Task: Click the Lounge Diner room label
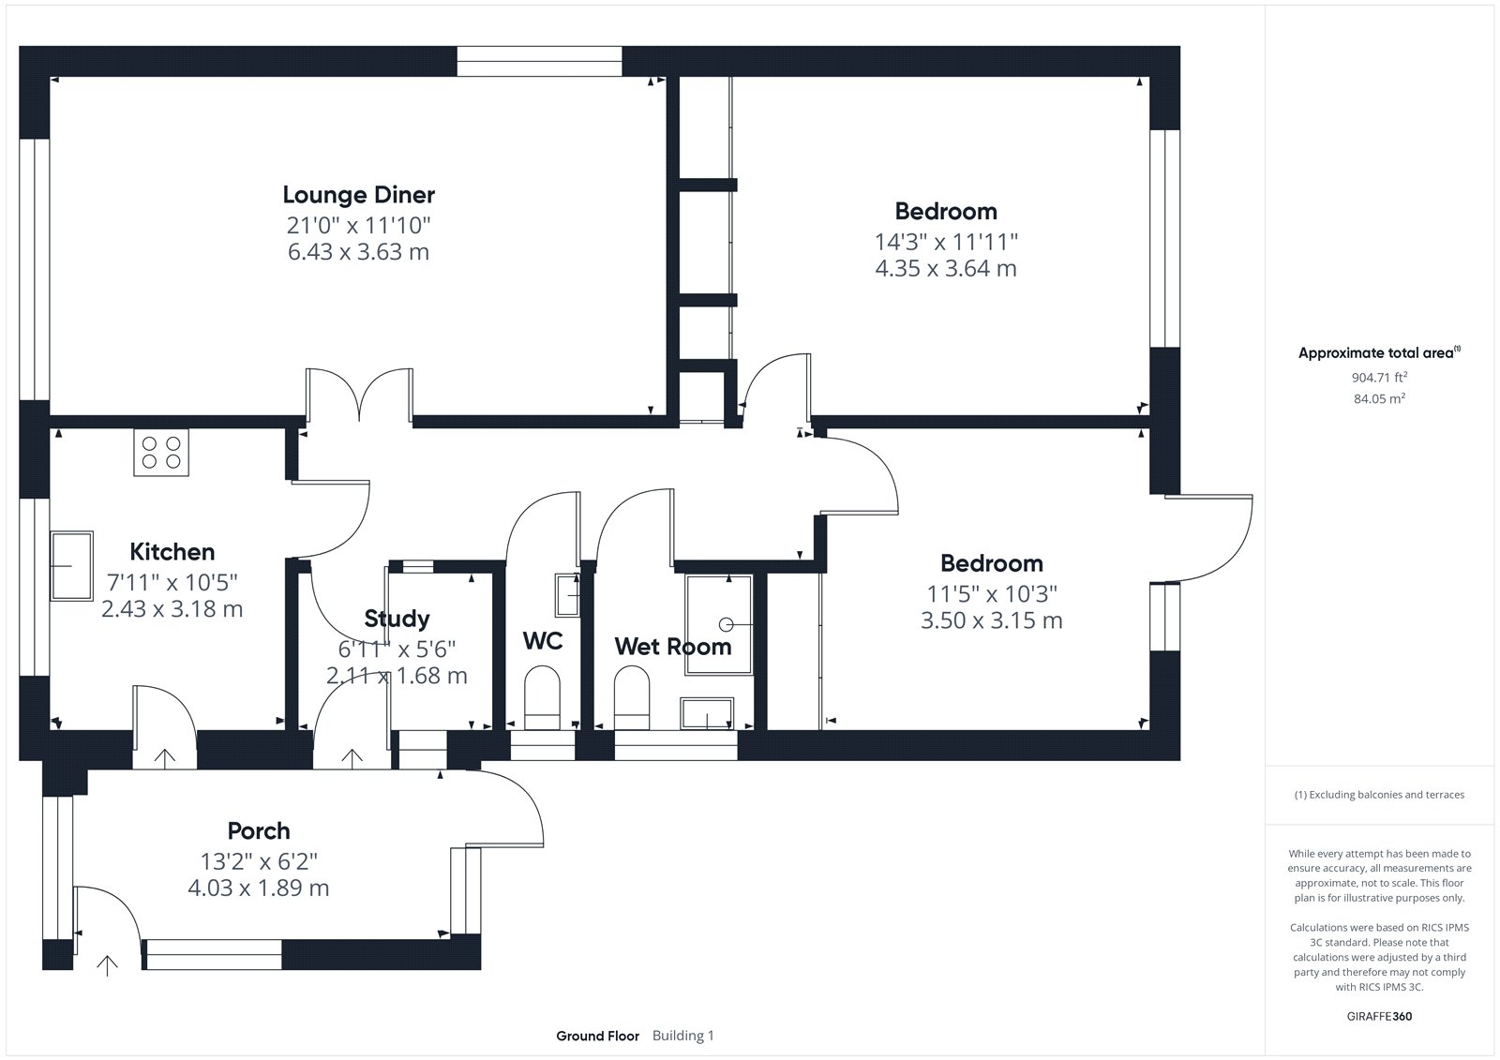[358, 195]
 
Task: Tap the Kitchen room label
[172, 552]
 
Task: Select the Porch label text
[259, 831]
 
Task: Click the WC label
[543, 641]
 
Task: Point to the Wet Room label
[673, 646]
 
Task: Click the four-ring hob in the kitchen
[161, 453]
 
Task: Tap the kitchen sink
[71, 566]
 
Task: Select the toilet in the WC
[542, 697]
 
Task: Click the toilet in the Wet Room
[632, 697]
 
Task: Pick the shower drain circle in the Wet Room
[726, 624]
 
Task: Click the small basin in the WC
[567, 594]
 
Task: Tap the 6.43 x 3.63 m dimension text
[358, 252]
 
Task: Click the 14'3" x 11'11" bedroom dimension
[946, 242]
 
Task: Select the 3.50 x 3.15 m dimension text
[991, 620]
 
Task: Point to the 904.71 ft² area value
[1379, 377]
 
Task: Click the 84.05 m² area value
[1379, 398]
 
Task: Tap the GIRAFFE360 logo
[1379, 1016]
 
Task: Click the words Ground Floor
[597, 1036]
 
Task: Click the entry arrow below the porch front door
[107, 965]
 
